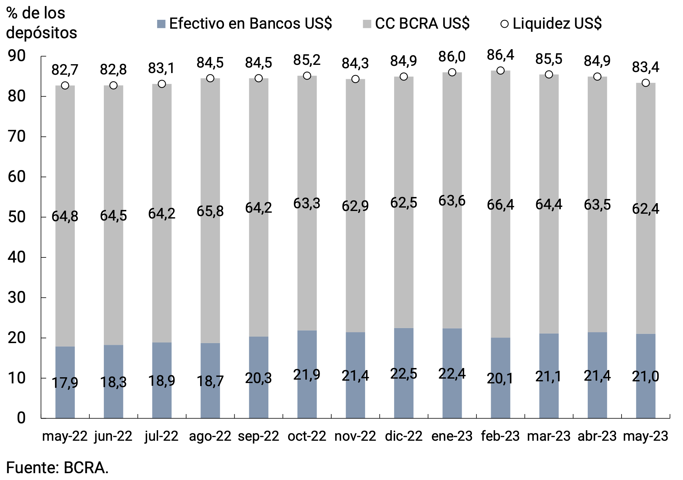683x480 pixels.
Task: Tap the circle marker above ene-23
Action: click(x=452, y=72)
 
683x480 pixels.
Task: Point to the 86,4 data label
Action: click(x=500, y=55)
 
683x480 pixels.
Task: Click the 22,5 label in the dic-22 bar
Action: click(x=404, y=374)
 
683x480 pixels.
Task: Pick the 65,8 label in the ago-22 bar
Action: click(x=210, y=211)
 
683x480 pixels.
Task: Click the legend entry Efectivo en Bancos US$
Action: click(x=245, y=24)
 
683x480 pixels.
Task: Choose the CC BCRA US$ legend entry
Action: click(x=416, y=24)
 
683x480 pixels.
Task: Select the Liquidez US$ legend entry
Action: click(x=551, y=24)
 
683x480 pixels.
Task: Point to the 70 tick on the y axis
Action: click(x=17, y=137)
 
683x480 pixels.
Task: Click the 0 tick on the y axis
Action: click(x=21, y=418)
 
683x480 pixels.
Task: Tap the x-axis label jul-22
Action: click(x=162, y=436)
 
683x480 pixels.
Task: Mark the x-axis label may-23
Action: click(x=645, y=436)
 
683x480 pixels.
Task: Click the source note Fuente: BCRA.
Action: click(x=57, y=468)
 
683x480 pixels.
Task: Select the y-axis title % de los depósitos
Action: click(x=41, y=23)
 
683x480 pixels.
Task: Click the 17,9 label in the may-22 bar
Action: click(x=65, y=383)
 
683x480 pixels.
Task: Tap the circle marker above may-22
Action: click(x=65, y=85)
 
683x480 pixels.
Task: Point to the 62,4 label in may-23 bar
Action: click(x=645, y=209)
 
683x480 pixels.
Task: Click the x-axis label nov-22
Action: click(x=355, y=436)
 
